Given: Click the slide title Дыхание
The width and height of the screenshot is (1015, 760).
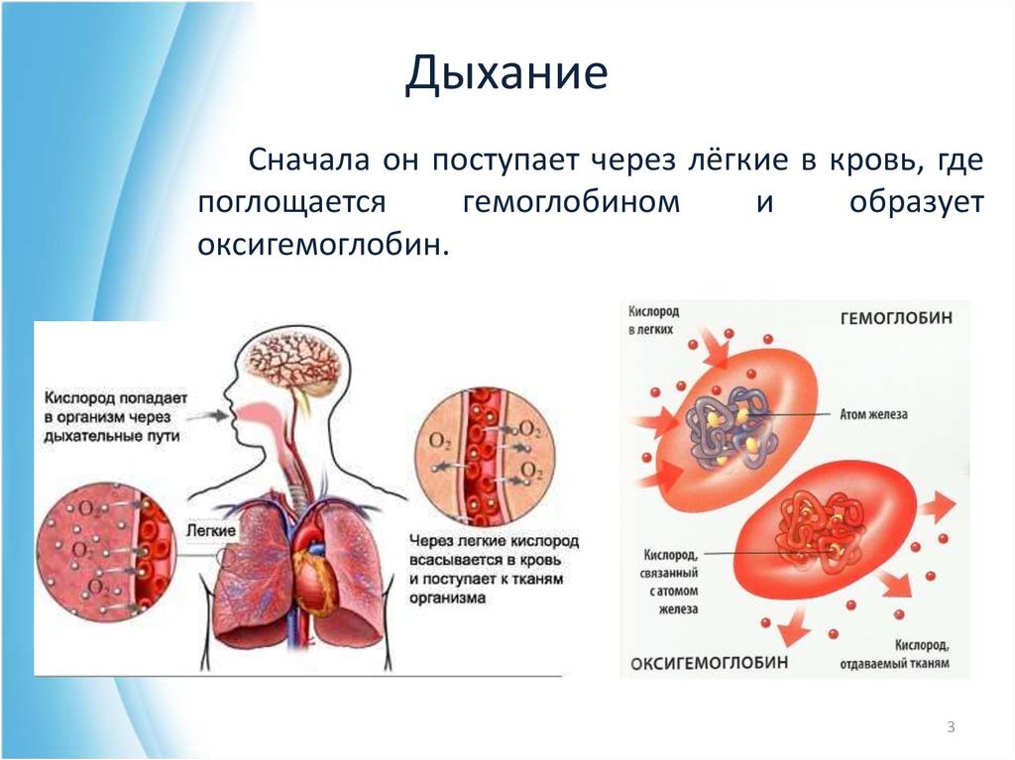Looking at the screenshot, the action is [507, 72].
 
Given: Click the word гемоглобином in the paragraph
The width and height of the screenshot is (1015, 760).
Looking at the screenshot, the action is [572, 202].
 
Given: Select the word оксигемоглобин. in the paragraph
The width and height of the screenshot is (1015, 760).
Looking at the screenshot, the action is [323, 244].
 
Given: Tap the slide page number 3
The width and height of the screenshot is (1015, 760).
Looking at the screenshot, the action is [951, 727].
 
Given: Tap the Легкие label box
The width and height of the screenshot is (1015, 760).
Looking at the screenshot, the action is [211, 530].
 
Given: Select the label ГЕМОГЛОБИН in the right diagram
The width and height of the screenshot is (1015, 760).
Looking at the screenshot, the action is [896, 318].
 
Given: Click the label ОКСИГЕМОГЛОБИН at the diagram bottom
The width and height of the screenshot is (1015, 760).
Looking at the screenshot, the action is [710, 663].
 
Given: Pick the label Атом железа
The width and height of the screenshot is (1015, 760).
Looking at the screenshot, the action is [873, 414].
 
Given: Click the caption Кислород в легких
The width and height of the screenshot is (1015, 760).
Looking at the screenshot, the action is [653, 320].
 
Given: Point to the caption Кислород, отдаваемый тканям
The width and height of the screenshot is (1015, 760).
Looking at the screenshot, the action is [895, 654].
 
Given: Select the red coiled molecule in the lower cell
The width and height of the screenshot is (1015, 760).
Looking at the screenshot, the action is [821, 525].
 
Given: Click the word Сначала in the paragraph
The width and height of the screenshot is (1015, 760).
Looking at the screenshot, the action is [309, 160].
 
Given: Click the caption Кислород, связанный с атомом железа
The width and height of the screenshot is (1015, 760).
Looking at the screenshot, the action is [671, 582].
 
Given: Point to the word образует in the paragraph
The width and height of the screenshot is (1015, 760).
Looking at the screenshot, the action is [916, 202].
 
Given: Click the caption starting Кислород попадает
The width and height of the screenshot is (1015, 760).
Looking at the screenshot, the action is [115, 416].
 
